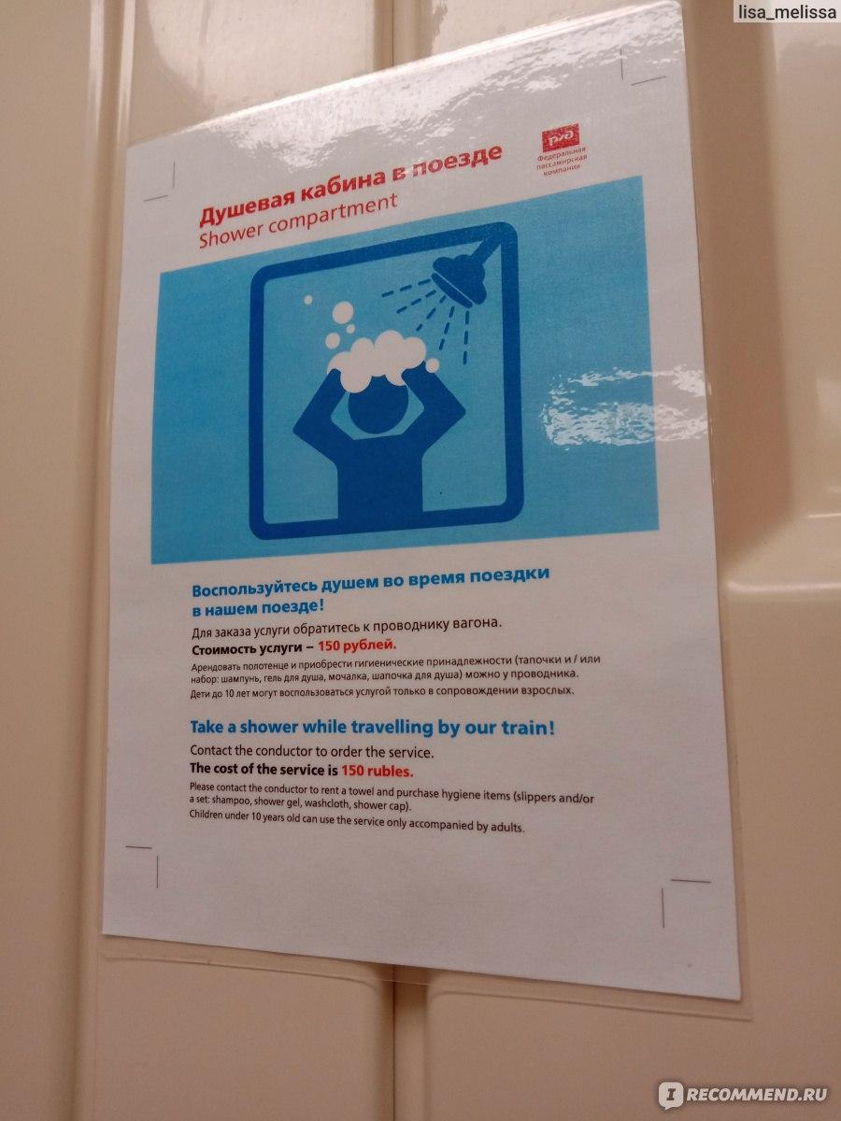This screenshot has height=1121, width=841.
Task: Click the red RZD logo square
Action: (560, 137)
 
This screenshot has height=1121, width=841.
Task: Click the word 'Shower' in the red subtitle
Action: (230, 234)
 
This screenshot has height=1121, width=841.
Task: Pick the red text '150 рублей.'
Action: (357, 646)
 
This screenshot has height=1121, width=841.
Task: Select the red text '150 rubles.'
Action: (378, 771)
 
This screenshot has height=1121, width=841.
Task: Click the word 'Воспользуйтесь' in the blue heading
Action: (254, 588)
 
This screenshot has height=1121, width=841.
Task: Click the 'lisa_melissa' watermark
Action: (787, 13)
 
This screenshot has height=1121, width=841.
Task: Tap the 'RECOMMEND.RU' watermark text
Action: (755, 1094)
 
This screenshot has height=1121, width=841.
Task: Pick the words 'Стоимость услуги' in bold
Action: (247, 649)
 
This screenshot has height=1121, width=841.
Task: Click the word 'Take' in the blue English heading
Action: (207, 726)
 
